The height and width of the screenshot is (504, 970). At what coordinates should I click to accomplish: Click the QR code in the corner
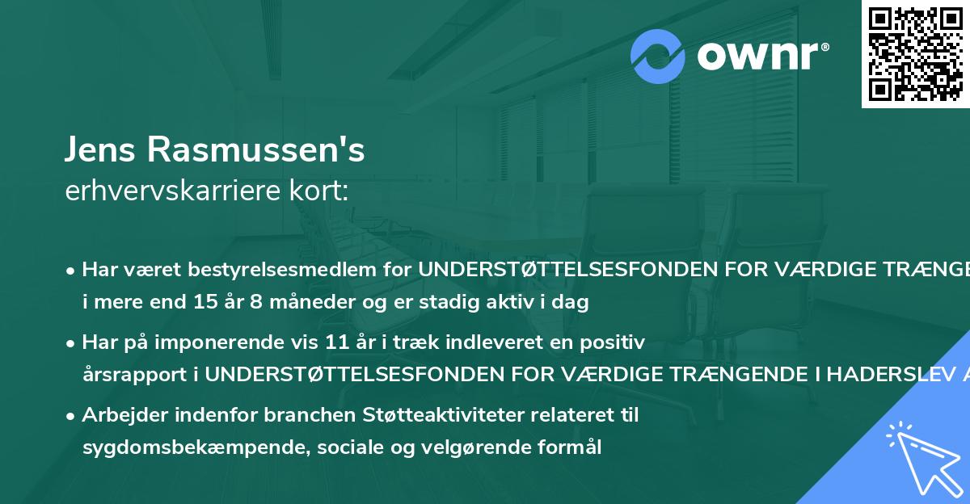(915, 53)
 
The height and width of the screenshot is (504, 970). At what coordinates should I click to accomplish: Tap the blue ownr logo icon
(658, 56)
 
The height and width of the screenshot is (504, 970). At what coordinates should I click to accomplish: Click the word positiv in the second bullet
(616, 342)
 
